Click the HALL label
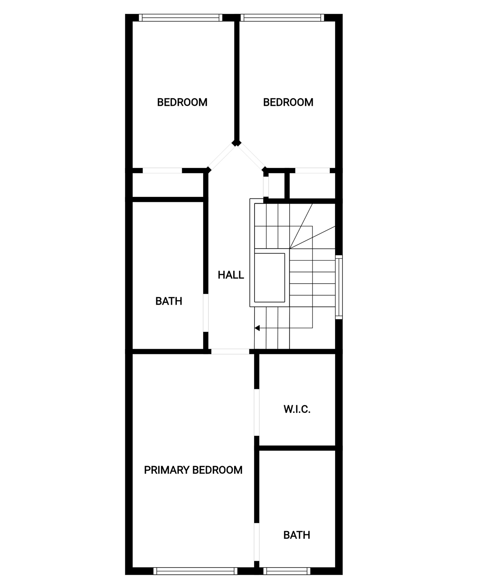click(230, 275)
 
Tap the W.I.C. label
click(297, 409)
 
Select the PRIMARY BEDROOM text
click(193, 470)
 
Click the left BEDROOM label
click(182, 102)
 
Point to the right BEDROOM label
click(288, 102)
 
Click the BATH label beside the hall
click(169, 301)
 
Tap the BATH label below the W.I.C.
click(297, 535)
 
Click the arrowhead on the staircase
click(257, 328)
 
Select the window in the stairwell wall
click(339, 287)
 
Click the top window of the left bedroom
click(181, 18)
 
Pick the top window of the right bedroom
click(282, 18)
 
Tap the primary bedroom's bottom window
click(195, 571)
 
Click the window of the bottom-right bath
click(287, 571)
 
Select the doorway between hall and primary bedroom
click(230, 352)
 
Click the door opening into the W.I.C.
click(257, 412)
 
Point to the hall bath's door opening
click(206, 313)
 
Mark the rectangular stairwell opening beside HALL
click(269, 278)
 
